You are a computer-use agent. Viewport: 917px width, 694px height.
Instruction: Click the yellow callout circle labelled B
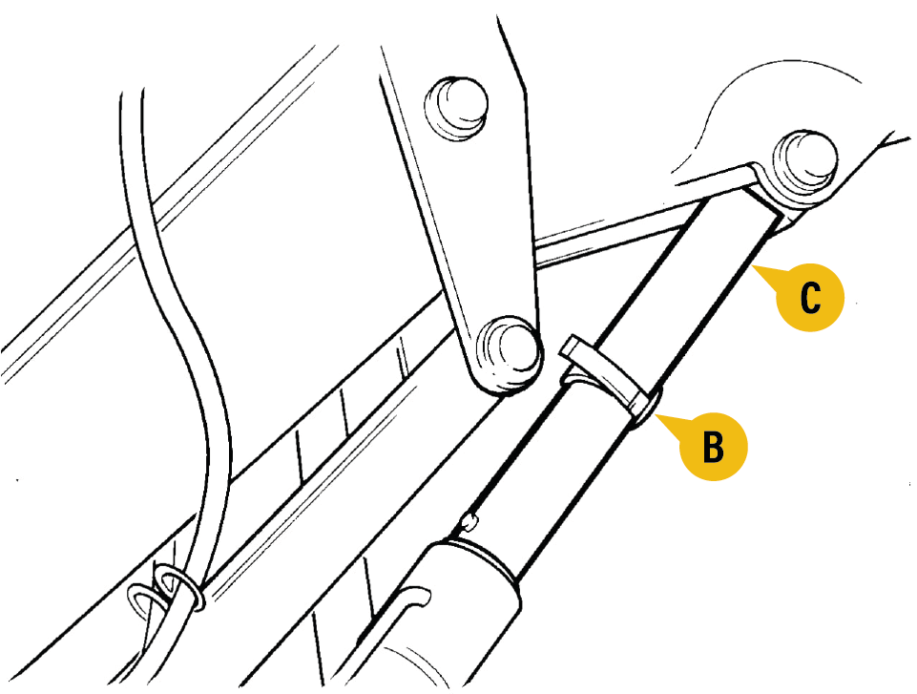(x=713, y=447)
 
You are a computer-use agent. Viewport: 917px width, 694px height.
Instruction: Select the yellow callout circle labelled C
(x=810, y=297)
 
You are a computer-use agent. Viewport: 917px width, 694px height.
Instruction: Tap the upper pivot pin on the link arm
(x=457, y=107)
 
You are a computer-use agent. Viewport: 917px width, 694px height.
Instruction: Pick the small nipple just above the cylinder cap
(x=469, y=521)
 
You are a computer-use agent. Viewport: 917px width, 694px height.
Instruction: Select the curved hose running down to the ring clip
(x=176, y=327)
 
